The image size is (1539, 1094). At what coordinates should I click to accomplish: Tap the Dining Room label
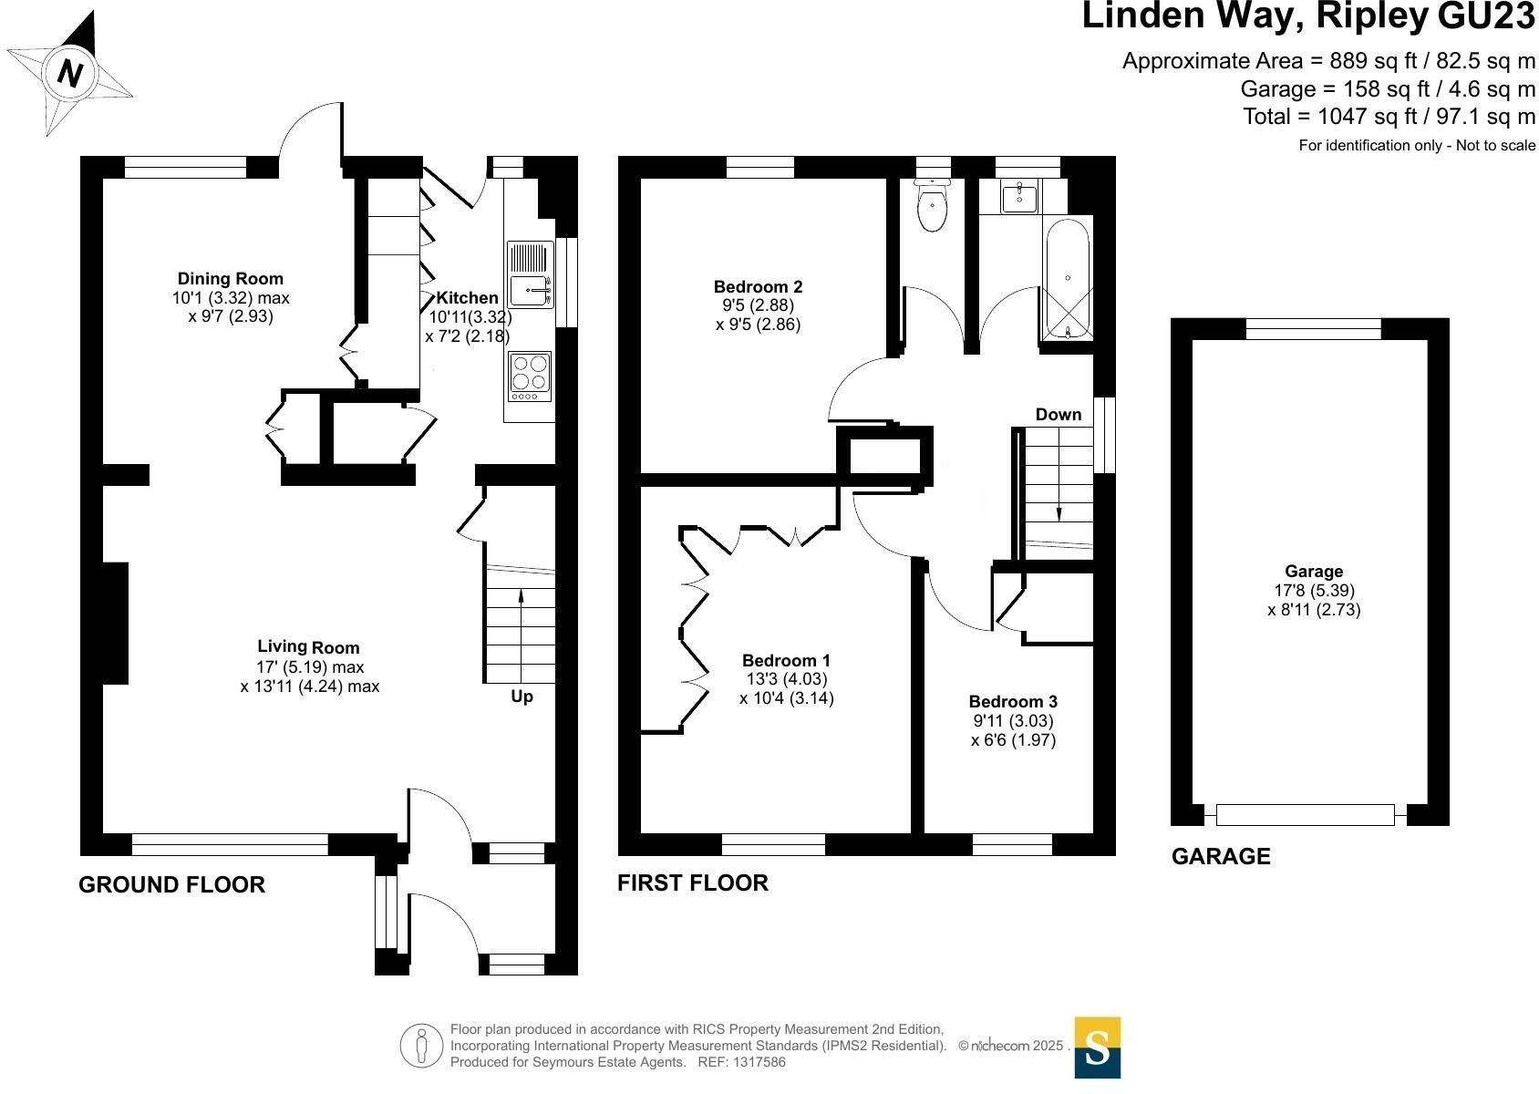[x=230, y=279]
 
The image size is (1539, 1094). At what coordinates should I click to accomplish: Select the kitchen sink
[x=529, y=291]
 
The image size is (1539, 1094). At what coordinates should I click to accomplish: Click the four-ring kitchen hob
[x=530, y=376]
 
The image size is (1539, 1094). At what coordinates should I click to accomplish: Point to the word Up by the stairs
[x=522, y=697]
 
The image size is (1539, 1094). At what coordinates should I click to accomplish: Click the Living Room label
[x=308, y=647]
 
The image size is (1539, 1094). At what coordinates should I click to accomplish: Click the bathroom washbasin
[x=1019, y=196]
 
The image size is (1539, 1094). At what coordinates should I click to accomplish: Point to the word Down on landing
[x=1058, y=415]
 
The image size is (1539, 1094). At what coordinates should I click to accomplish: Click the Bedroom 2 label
[x=758, y=287]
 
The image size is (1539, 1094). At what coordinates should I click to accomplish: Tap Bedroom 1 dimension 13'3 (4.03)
[x=786, y=679]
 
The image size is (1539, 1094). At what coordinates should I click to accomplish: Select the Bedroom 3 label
[x=1013, y=701]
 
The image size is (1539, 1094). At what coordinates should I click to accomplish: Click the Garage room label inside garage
[x=1314, y=572]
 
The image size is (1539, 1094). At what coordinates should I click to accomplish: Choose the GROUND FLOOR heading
[x=171, y=884]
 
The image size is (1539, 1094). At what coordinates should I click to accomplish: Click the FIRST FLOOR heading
[x=693, y=882]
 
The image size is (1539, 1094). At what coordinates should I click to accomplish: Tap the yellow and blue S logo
[x=1097, y=1048]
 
